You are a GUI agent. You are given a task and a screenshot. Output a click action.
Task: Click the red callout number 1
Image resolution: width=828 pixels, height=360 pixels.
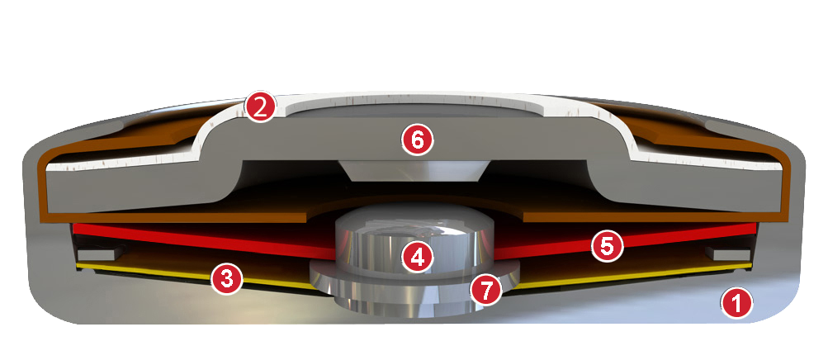(x=737, y=303)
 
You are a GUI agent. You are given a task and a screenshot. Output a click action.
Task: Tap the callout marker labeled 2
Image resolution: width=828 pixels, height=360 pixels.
(x=260, y=107)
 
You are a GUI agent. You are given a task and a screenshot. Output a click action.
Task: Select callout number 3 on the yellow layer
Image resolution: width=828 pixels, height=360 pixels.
(x=226, y=278)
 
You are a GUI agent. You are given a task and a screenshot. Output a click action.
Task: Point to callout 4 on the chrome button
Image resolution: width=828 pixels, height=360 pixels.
(x=417, y=257)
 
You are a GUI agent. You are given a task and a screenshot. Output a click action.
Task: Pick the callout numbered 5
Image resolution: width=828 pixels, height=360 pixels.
(x=608, y=246)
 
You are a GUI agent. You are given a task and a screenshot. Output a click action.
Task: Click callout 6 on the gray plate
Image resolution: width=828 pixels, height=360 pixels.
(x=417, y=141)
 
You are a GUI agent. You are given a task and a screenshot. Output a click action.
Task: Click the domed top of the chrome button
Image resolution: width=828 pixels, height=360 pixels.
(x=414, y=217)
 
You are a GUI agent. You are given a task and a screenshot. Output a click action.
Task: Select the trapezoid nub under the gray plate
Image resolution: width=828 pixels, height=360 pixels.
(x=415, y=170)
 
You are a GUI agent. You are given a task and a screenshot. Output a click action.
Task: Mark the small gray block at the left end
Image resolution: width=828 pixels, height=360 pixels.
(x=97, y=254)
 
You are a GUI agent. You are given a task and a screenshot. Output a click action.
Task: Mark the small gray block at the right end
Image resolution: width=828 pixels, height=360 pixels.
(x=732, y=254)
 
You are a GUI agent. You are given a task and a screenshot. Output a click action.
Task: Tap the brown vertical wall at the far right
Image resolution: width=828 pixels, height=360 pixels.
(x=783, y=185)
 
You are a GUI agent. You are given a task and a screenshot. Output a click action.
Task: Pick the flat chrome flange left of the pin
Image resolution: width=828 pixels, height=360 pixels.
(x=321, y=273)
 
